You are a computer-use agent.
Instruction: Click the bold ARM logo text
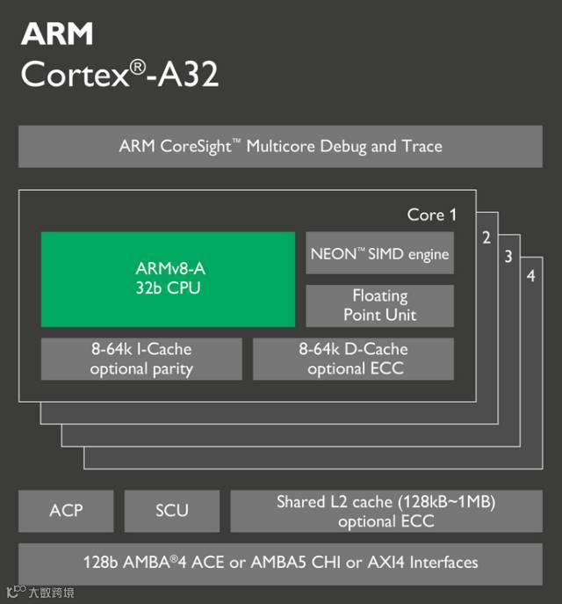(x=57, y=34)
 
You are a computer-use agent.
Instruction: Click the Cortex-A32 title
(x=119, y=75)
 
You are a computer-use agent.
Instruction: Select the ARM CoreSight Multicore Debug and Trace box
(x=280, y=147)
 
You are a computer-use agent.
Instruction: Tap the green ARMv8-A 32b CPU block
(x=168, y=279)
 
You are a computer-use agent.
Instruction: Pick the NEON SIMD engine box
(x=379, y=254)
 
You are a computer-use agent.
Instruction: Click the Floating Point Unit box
(x=379, y=305)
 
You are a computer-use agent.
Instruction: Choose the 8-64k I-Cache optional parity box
(x=140, y=359)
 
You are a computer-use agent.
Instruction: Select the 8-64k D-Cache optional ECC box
(x=353, y=359)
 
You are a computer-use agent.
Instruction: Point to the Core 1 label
(x=432, y=214)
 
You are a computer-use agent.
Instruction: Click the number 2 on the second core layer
(x=486, y=237)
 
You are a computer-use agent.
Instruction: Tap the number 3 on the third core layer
(x=508, y=257)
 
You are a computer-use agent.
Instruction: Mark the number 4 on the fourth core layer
(x=530, y=277)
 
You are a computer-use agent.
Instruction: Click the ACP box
(x=66, y=510)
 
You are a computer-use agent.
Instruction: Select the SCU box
(x=171, y=510)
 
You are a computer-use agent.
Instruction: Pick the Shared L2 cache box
(x=386, y=511)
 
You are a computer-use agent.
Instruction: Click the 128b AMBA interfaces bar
(x=280, y=561)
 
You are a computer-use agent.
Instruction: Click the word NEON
(x=331, y=254)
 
